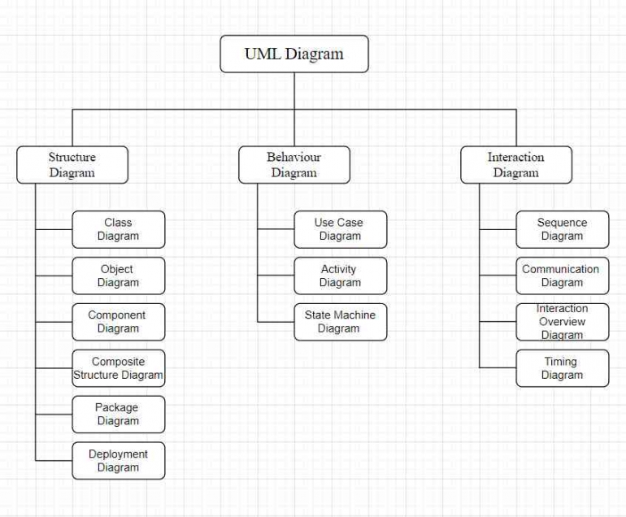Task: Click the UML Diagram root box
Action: pyautogui.click(x=293, y=54)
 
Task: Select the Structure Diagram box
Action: pyautogui.click(x=72, y=165)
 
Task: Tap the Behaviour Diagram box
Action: pyautogui.click(x=293, y=165)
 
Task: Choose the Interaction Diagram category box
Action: pyautogui.click(x=515, y=165)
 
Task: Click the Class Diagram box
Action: pyautogui.click(x=118, y=229)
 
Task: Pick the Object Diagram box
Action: pyautogui.click(x=118, y=276)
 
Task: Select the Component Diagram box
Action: pyautogui.click(x=118, y=322)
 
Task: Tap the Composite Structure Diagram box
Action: pyautogui.click(x=118, y=368)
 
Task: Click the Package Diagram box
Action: pyautogui.click(x=118, y=415)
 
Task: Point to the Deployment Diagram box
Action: pyautogui.click(x=118, y=461)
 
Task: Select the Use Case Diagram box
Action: pyautogui.click(x=340, y=229)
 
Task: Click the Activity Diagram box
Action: pyautogui.click(x=340, y=276)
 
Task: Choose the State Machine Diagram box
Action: pyautogui.click(x=340, y=322)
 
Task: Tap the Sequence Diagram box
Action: pyautogui.click(x=562, y=229)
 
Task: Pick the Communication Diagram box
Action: pyautogui.click(x=562, y=276)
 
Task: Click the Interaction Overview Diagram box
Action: pyautogui.click(x=562, y=322)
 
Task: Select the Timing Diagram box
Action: pyautogui.click(x=562, y=368)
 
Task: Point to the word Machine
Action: pyautogui.click(x=354, y=315)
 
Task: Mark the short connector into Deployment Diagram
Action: pyautogui.click(x=54, y=461)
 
